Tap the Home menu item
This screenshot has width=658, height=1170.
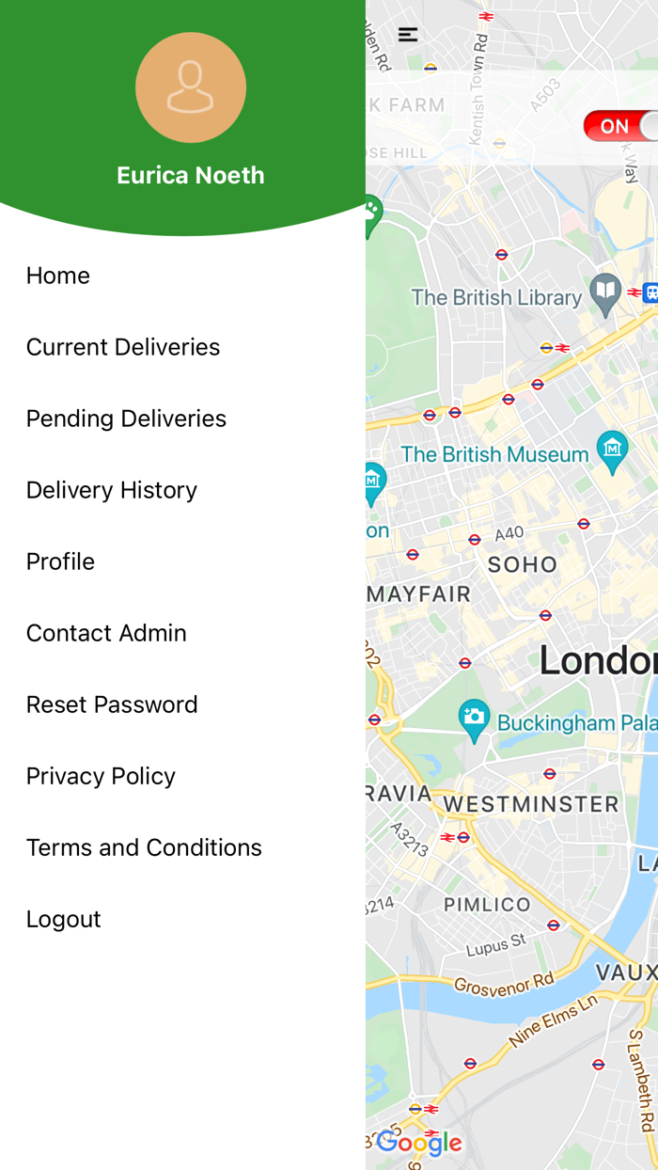tap(58, 276)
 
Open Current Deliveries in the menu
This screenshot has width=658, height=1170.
tap(123, 347)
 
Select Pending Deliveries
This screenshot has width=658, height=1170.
tap(126, 419)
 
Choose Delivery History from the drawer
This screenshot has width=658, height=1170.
tap(112, 490)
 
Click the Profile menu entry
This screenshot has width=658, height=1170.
tap(60, 561)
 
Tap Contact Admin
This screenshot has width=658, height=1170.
tap(106, 633)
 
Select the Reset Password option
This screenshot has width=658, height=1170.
tap(112, 704)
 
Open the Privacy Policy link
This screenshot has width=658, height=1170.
tap(101, 776)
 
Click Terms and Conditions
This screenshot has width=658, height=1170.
tap(144, 847)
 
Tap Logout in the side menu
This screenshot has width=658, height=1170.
tap(63, 919)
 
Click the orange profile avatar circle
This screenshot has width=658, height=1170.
tap(191, 87)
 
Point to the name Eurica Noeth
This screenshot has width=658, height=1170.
tap(191, 175)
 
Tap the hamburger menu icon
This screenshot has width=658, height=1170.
tap(408, 35)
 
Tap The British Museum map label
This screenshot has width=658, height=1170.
tap(494, 454)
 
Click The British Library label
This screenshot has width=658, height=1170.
tap(496, 297)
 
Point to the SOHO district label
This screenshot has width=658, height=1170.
tap(523, 564)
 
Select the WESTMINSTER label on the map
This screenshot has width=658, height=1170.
tap(531, 804)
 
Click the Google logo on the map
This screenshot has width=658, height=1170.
tap(419, 1144)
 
